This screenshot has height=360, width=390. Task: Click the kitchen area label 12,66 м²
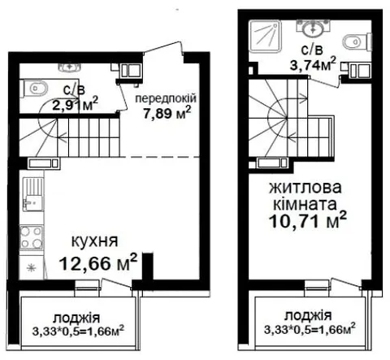point(98,262)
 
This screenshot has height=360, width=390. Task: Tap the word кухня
point(94,241)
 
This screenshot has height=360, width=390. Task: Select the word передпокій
point(166,98)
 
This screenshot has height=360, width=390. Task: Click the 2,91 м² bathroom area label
point(75,105)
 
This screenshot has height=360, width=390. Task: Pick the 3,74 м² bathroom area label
point(313,64)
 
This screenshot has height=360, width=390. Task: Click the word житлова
point(305,188)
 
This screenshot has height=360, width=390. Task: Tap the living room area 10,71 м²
point(308,221)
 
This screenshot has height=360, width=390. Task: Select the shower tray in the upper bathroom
point(266,37)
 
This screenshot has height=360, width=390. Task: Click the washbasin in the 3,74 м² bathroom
point(314,28)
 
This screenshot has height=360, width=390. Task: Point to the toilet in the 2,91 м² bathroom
point(35,89)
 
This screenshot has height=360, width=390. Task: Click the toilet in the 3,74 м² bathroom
point(357,41)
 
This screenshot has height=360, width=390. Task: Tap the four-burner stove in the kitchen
point(32,237)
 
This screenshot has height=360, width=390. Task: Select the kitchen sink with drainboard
point(32,194)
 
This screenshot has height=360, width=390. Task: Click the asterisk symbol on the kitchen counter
point(32,268)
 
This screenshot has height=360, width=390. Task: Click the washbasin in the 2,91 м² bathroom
point(70,67)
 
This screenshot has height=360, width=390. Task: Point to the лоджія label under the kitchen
point(76,318)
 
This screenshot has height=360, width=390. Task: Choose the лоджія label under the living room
point(308,316)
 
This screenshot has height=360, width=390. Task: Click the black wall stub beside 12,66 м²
point(148,267)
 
